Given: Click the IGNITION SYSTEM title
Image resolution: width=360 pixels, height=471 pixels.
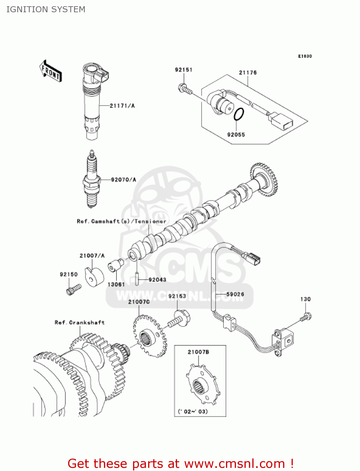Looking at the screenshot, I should coord(46,9).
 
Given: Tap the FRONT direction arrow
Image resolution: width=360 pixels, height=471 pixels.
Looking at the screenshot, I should coord(51,71).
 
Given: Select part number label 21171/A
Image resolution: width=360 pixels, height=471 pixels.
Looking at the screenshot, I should coord(122,106).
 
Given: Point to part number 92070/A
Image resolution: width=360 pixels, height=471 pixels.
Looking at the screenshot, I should coord(124,180).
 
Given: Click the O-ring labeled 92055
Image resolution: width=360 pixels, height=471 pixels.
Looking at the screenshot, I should coord(239,114).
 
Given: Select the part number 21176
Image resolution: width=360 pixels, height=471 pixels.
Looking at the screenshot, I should coord(248,73).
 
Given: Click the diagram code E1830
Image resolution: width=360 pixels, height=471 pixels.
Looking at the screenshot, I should coord(305,56).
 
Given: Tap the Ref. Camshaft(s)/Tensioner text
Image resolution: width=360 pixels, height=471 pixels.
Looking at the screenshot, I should coord(121,221).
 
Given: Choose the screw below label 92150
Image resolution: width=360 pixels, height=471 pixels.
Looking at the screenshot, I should coord(73,289).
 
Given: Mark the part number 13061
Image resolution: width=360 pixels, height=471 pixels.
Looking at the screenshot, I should coord(116,284).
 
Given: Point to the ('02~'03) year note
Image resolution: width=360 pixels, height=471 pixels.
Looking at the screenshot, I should coord(193,411).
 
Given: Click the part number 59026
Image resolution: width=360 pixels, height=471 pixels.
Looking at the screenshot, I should coord(235,294).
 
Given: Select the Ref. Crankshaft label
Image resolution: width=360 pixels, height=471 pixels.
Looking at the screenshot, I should coord(79,322).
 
